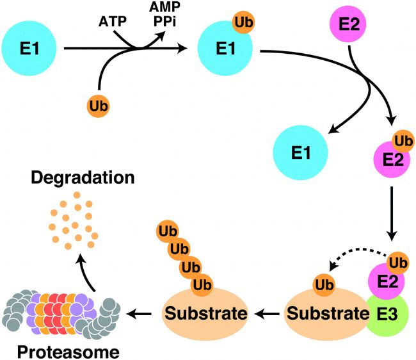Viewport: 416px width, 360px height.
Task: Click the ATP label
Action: (x=113, y=22)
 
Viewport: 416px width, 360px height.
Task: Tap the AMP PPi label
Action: (x=164, y=14)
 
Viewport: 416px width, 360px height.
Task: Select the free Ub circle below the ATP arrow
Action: (x=98, y=106)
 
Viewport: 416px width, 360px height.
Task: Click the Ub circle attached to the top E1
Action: (x=244, y=22)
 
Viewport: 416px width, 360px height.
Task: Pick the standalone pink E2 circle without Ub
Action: (x=348, y=24)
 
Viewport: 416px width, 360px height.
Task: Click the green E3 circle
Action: (x=387, y=314)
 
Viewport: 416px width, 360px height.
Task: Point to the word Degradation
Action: (x=83, y=177)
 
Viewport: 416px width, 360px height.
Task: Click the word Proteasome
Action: (x=68, y=352)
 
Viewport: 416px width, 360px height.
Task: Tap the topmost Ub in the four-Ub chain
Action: (x=168, y=231)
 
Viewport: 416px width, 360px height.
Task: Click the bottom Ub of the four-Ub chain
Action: (x=202, y=285)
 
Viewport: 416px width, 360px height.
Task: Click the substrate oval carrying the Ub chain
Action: (x=205, y=314)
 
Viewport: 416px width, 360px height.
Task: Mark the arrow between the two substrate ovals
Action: (x=267, y=314)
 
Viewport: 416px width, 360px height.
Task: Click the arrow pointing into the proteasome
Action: (x=139, y=314)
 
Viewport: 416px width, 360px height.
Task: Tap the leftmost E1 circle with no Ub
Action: (x=29, y=48)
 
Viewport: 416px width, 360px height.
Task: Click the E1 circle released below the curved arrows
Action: (x=301, y=152)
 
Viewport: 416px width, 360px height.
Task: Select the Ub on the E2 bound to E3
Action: (x=398, y=263)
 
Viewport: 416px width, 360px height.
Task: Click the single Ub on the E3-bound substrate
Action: (x=324, y=285)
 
